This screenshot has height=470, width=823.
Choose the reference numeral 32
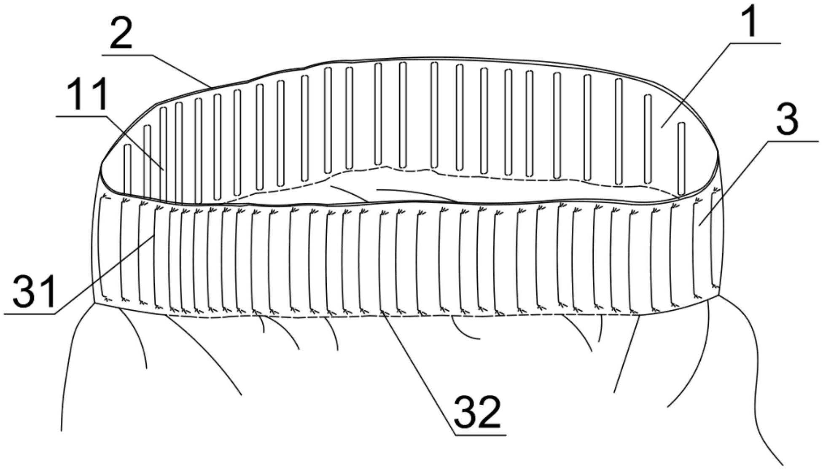tap(477, 411)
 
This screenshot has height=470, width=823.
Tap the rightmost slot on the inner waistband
tap(681, 158)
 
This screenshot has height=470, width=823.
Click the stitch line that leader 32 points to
tap(380, 261)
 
